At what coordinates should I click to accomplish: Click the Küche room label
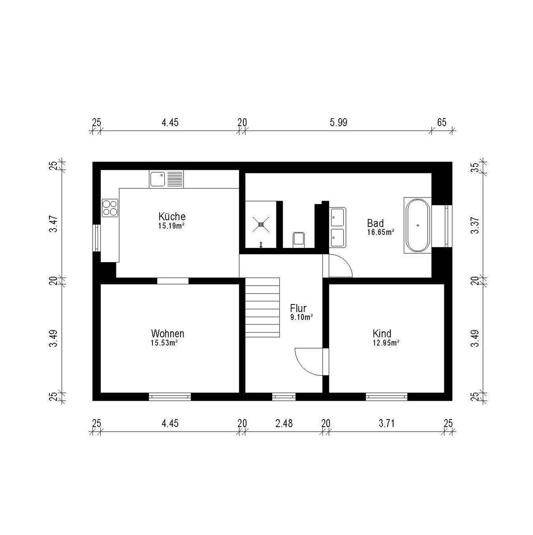click(x=172, y=216)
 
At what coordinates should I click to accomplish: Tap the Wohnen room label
click(x=168, y=333)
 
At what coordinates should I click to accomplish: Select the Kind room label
click(x=382, y=333)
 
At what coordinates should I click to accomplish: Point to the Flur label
click(x=298, y=308)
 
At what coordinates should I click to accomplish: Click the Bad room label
click(x=375, y=223)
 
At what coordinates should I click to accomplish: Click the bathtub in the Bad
click(x=417, y=226)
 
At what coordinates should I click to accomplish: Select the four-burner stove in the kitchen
click(x=110, y=208)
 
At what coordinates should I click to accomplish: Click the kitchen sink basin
click(x=157, y=179)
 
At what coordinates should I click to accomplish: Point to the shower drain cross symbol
click(x=261, y=224)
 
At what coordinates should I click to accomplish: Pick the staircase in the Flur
click(x=262, y=307)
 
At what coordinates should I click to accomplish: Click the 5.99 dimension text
click(x=338, y=123)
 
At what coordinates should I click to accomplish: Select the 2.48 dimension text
click(x=284, y=424)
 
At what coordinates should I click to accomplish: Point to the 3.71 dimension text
click(x=386, y=424)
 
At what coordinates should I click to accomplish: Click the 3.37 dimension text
click(x=475, y=225)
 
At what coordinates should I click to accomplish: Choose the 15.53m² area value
click(x=164, y=343)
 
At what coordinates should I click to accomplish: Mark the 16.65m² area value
click(x=381, y=232)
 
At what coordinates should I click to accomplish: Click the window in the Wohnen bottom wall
click(x=170, y=397)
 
